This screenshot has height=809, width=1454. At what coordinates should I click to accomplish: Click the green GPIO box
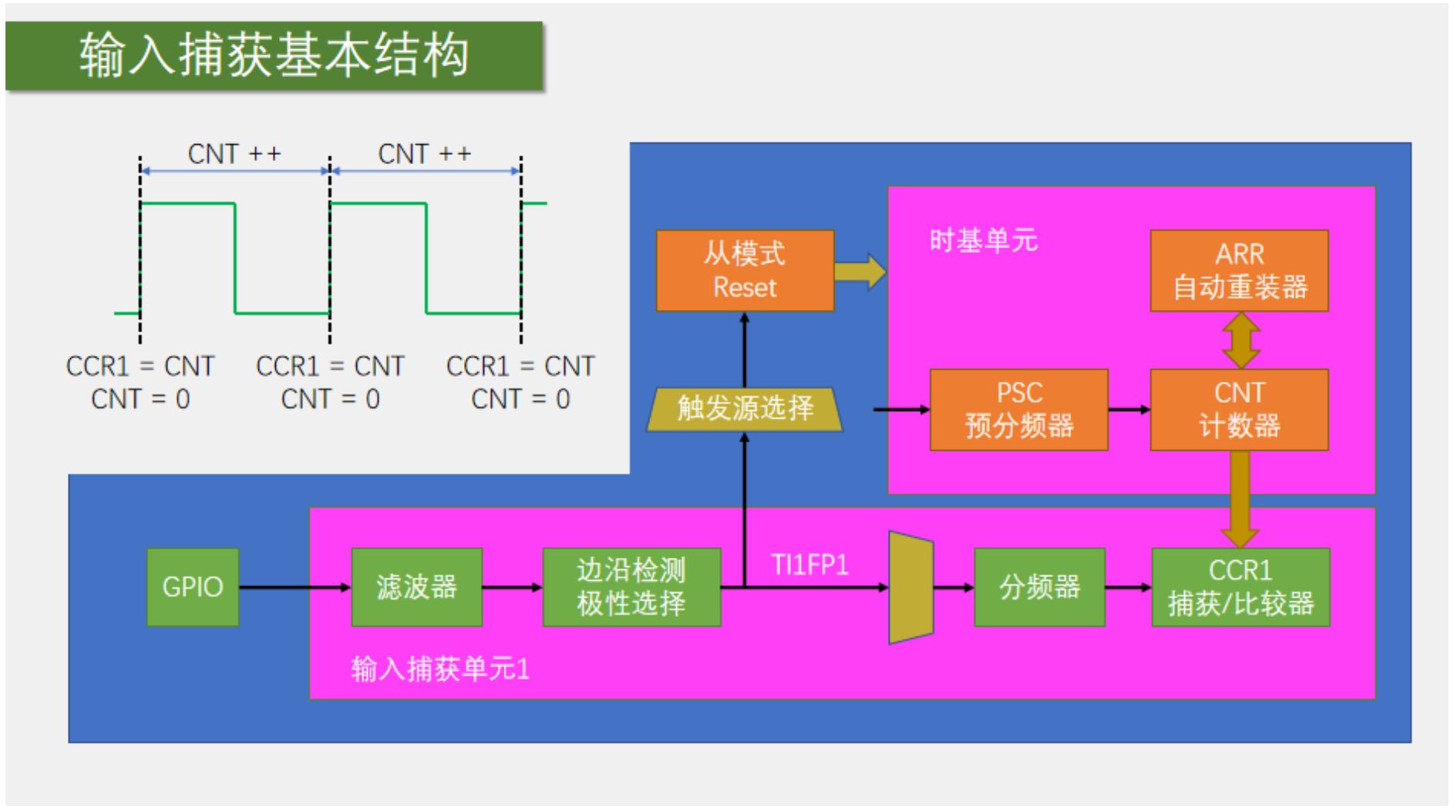pos(192,587)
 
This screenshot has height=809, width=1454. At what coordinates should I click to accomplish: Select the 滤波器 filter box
pos(416,587)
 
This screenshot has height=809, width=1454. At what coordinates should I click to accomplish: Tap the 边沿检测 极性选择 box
pos(631,587)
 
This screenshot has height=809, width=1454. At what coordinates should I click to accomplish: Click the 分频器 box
pos(1038,587)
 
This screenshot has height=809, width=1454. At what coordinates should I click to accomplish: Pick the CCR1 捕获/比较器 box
pos(1240,587)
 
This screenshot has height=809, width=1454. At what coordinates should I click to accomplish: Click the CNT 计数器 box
pos(1238,409)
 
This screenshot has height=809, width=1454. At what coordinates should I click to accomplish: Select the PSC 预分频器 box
pos(1018,409)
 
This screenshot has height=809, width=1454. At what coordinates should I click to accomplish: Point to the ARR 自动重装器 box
pos(1238,270)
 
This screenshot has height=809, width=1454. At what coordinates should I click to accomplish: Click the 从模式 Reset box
pos(744,270)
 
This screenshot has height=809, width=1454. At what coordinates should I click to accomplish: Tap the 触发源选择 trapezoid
pos(744,408)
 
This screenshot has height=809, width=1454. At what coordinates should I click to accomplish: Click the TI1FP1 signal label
pos(809,566)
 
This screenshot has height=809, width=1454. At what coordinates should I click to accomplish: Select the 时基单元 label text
pos(983,240)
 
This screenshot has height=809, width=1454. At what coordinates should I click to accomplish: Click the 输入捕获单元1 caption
pos(439,669)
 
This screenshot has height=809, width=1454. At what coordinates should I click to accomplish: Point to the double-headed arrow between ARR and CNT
pos(1240,340)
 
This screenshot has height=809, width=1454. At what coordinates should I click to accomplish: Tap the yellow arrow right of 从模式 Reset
pos(860,271)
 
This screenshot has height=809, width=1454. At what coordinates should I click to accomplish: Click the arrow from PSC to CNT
pos(1129,409)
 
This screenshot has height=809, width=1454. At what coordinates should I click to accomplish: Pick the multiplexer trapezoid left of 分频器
pos(910,587)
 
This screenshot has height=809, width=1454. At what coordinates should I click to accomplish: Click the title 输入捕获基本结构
pos(274,55)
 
